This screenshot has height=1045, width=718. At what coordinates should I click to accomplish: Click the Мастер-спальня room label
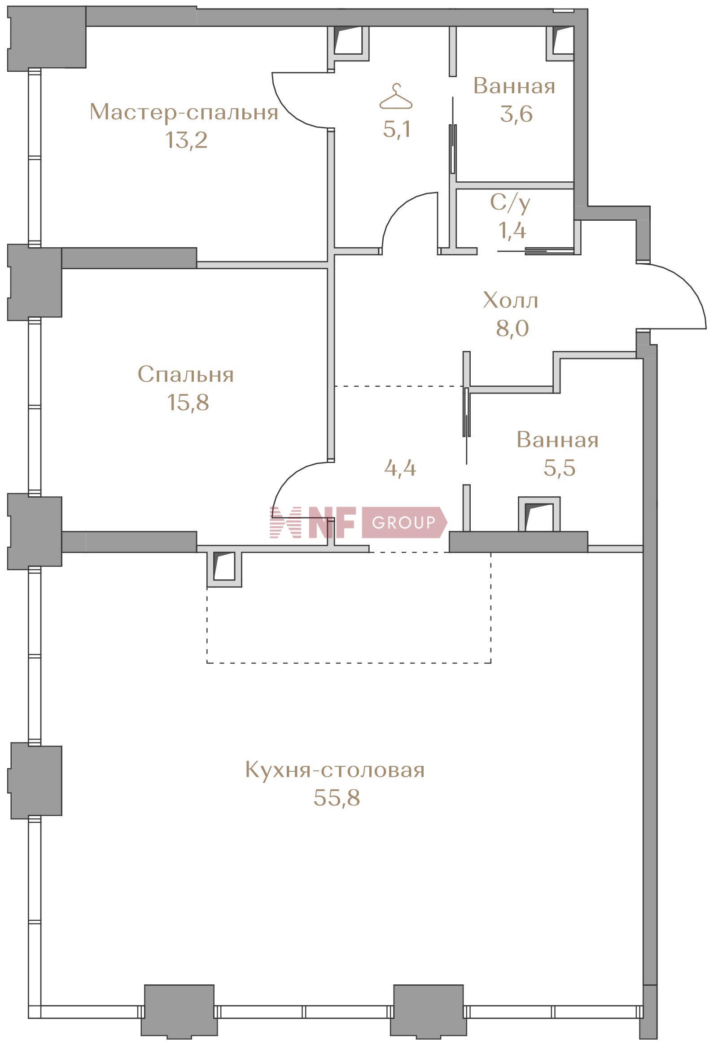point(184,112)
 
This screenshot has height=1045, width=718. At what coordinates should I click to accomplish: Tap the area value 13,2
point(186,140)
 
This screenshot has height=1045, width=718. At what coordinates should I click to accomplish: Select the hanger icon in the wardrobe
point(396,97)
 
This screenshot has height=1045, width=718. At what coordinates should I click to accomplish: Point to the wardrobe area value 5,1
point(396,130)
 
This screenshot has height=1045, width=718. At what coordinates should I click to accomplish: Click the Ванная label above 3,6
point(514,86)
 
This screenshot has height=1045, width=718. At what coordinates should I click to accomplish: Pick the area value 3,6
point(516,114)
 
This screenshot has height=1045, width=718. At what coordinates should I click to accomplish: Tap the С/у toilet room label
point(510,203)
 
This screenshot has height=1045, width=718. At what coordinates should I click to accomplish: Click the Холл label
point(511,300)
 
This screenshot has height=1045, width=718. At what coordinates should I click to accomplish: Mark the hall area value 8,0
point(512,328)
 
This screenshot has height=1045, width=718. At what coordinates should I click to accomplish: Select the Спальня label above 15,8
point(186,374)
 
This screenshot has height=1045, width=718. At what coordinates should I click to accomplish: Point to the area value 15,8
point(188,402)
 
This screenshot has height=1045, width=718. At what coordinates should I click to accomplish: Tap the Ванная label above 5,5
point(557,440)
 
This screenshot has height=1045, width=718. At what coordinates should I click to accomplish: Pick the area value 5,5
point(559,468)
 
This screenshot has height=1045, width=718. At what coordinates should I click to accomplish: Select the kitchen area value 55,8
point(337,798)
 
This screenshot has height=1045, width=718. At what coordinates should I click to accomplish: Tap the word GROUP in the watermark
point(403,522)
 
